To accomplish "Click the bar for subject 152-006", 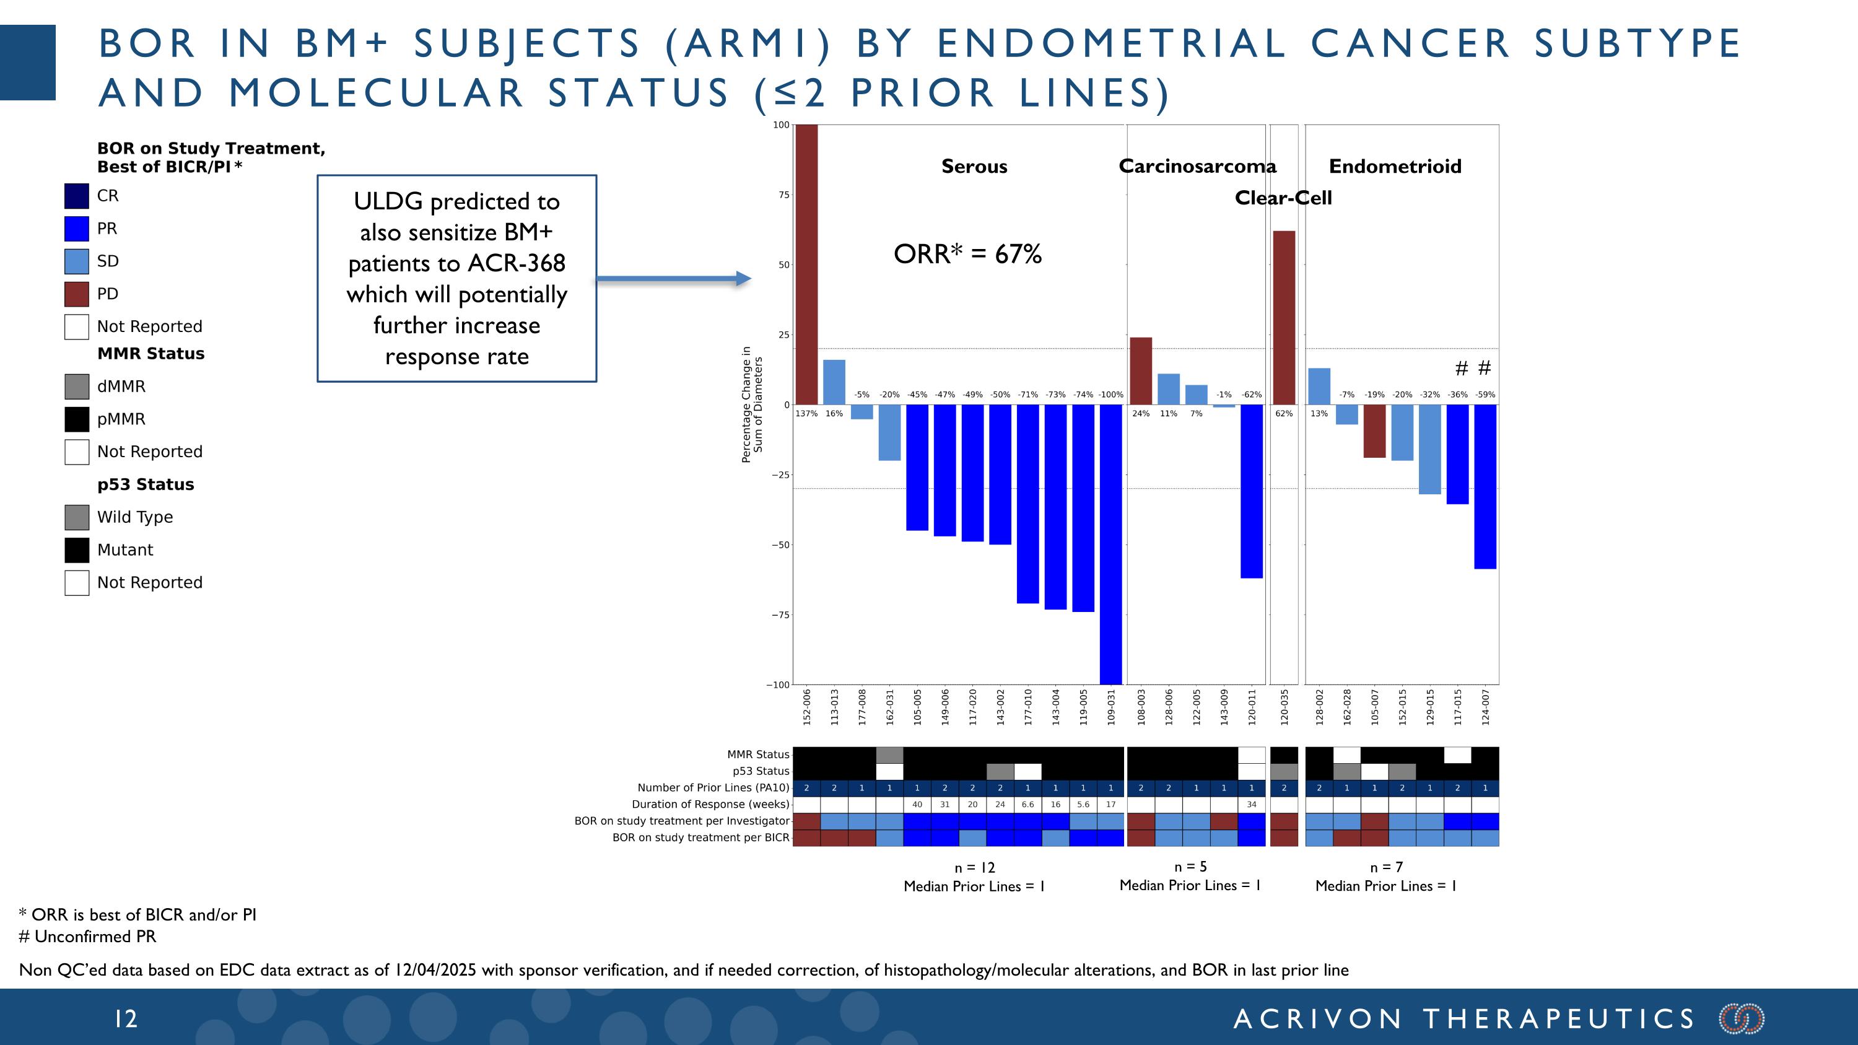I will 806,264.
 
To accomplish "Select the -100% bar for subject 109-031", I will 1110,544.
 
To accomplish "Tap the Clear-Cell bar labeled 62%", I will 1284,317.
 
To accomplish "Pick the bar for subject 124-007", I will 1485,486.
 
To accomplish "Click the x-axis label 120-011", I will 1252,707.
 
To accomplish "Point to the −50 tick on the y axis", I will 780,545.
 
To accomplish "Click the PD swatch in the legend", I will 76,294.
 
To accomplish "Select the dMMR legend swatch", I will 76,387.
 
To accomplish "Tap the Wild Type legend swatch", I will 76,517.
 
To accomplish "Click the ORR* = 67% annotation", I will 967,254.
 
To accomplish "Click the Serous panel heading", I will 974,167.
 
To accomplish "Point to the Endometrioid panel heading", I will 1395,167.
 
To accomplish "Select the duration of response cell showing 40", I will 917,804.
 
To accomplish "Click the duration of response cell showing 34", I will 1252,804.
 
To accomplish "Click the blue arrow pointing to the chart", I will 674,279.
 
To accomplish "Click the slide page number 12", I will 126,1019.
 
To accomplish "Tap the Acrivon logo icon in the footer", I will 1741,1019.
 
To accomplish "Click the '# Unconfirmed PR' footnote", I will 87,937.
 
